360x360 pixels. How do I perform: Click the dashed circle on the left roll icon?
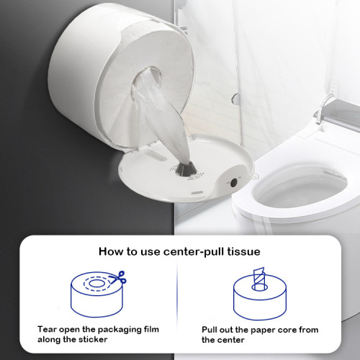pos(93,282)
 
